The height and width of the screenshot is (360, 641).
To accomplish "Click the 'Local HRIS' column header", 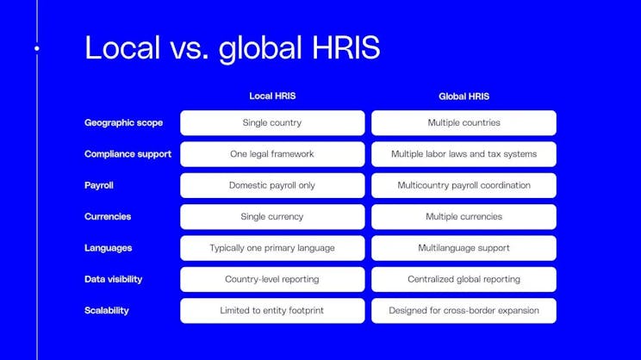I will pyautogui.click(x=272, y=96).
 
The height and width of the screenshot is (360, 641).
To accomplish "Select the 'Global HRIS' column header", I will pyautogui.click(x=464, y=96).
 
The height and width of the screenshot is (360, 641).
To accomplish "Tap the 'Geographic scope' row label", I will pyautogui.click(x=123, y=123).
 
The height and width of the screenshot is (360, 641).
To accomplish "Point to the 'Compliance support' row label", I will pyautogui.click(x=128, y=154).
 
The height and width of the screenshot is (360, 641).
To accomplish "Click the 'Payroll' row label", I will pyautogui.click(x=99, y=185).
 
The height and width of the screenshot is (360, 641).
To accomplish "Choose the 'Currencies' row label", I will pyautogui.click(x=108, y=217).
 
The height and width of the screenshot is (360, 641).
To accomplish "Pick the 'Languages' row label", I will pyautogui.click(x=108, y=248).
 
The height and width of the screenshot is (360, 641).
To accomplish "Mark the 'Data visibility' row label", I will pyautogui.click(x=113, y=279).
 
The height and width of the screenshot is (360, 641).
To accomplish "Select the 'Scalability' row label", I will pyautogui.click(x=107, y=310).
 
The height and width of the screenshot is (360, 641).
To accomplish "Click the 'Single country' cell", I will pyautogui.click(x=272, y=123).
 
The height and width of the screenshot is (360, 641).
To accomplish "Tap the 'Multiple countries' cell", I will pyautogui.click(x=464, y=123).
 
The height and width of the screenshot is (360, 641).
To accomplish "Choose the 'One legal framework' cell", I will pyautogui.click(x=272, y=154).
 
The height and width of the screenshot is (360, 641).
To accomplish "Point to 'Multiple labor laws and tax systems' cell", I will pyautogui.click(x=464, y=154).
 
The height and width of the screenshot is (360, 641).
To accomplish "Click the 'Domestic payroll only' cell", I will pyautogui.click(x=272, y=185).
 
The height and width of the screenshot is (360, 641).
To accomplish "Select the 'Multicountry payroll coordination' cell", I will pyautogui.click(x=464, y=185).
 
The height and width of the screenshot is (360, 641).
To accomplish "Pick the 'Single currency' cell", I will pyautogui.click(x=272, y=217).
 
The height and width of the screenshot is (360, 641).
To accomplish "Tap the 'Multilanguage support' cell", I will pyautogui.click(x=464, y=248).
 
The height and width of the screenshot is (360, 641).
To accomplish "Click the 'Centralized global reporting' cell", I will pyautogui.click(x=464, y=279).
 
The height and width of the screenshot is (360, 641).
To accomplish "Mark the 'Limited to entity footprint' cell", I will pyautogui.click(x=272, y=310).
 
